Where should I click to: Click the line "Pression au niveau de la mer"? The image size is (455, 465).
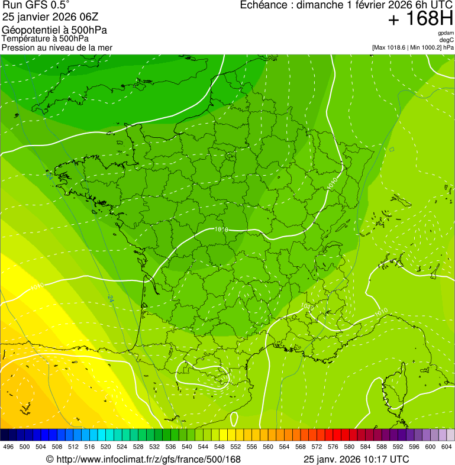[x=57, y=47]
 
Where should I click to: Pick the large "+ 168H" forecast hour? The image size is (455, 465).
[x=420, y=19]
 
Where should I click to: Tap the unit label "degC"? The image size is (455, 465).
[x=447, y=40]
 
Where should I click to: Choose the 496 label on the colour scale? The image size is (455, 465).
[x=8, y=447]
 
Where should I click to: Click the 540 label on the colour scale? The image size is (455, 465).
[x=186, y=447]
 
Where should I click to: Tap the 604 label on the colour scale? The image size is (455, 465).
[x=446, y=447]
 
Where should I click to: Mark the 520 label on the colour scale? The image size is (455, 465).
[x=106, y=447]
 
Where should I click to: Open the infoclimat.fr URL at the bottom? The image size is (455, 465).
[x=148, y=459]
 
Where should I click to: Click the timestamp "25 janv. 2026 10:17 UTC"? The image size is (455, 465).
[x=356, y=459]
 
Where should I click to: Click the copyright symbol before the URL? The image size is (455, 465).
[x=50, y=459]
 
